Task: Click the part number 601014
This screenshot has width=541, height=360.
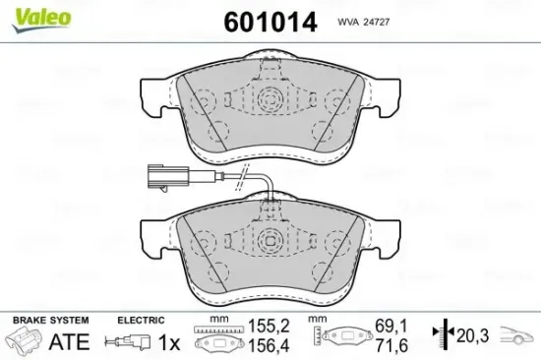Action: tap(270, 22)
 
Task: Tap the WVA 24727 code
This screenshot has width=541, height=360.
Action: tap(363, 22)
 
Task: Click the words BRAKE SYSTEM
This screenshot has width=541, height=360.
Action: tap(51, 320)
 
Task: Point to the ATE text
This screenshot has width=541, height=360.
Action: tap(69, 341)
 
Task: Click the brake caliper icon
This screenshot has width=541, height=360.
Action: tap(25, 338)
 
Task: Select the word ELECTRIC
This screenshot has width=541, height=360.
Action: tap(141, 320)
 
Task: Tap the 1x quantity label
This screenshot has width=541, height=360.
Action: tap(169, 342)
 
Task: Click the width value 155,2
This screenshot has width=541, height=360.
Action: tap(270, 326)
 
